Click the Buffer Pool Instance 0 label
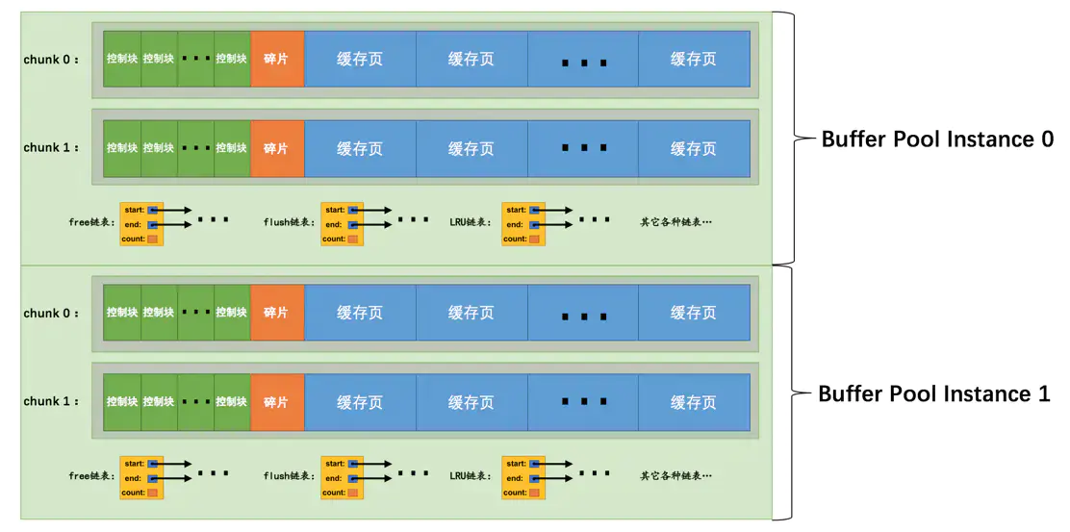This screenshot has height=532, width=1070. [936, 139]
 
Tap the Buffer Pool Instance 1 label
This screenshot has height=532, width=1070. [933, 394]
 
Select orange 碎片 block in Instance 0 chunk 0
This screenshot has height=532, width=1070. [276, 59]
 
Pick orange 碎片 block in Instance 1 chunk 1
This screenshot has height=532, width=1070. [276, 402]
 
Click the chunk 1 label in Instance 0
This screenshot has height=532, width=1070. [51, 148]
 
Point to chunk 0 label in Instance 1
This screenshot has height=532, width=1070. [51, 314]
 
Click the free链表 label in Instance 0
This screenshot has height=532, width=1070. [92, 222]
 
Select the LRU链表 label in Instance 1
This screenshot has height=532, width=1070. [470, 476]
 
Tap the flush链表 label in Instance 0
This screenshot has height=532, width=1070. [288, 222]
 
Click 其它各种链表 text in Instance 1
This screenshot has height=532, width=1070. [675, 476]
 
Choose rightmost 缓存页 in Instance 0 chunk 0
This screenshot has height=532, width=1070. [693, 59]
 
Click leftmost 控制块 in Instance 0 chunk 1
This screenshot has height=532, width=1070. [122, 148]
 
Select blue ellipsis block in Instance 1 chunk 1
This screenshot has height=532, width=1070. [583, 402]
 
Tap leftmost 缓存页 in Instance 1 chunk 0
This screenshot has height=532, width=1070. [360, 314]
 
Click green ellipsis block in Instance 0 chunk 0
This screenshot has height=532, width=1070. [195, 59]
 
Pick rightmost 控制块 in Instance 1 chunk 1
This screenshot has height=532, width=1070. [232, 402]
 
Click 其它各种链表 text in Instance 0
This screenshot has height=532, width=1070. [675, 222]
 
